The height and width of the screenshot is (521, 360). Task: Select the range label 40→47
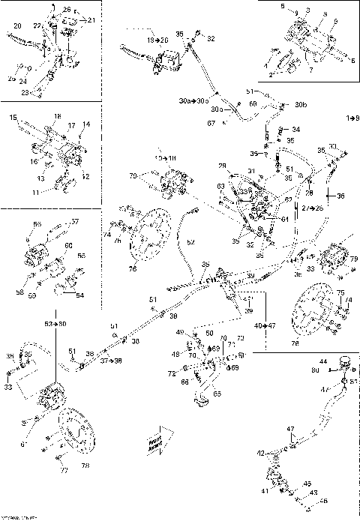click(265, 326)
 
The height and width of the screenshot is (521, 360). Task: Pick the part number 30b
click(300, 104)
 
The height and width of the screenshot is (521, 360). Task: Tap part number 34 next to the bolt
click(295, 129)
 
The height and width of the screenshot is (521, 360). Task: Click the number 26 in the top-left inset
click(66, 9)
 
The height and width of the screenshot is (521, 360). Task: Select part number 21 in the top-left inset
click(91, 20)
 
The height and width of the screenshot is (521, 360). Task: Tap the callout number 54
click(81, 295)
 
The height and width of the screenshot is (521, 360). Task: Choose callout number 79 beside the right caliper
click(353, 259)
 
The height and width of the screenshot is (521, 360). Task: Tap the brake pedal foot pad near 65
click(201, 405)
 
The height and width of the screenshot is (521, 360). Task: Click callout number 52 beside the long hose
click(190, 242)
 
